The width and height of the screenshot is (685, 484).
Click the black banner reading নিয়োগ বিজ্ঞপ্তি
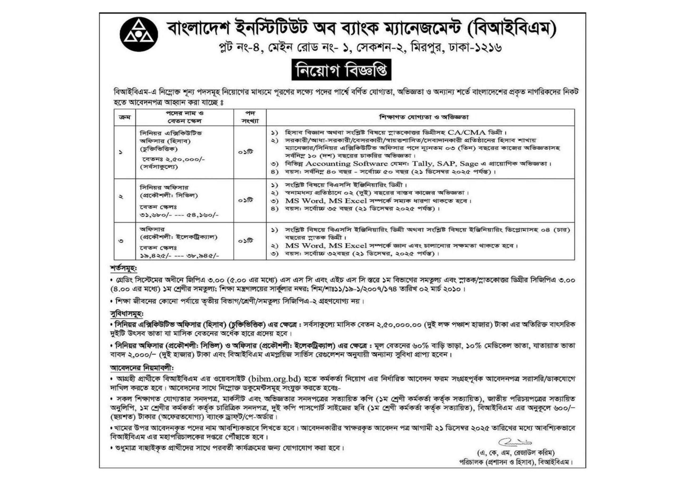(x=341, y=70)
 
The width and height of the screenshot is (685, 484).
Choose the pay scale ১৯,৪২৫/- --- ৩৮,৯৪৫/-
(x=179, y=256)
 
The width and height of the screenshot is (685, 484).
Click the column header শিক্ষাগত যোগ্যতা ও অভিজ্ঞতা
(x=420, y=117)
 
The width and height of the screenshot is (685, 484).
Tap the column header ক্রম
(x=125, y=117)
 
